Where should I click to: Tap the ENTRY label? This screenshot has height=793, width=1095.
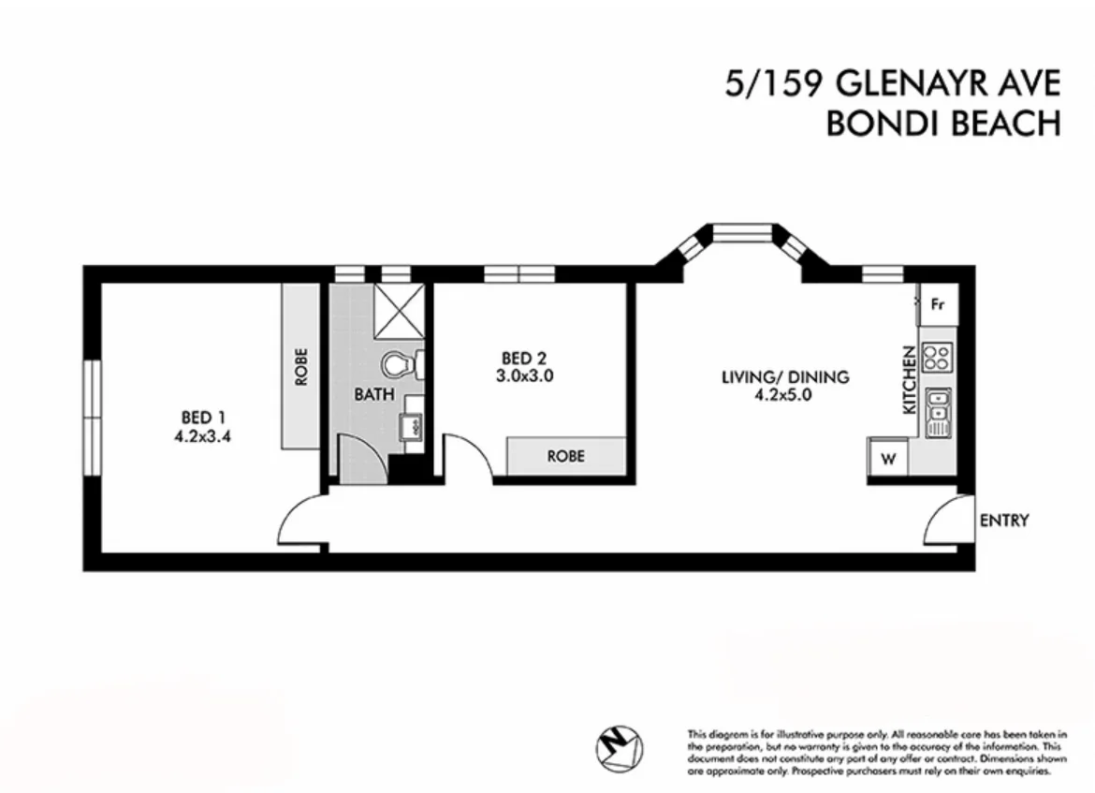[1004, 521]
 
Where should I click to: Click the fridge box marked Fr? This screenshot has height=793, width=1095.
[937, 304]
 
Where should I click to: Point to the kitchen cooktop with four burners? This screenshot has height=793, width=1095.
[937, 356]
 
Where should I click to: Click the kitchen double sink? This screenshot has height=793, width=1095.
[937, 412]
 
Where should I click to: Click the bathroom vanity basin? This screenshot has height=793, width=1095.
[411, 428]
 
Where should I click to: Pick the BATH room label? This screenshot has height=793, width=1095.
[367, 394]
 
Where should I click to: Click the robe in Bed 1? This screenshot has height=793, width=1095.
[300, 367]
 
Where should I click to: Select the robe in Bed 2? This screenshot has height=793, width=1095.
[565, 456]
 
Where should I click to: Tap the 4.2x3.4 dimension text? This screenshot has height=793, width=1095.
[202, 434]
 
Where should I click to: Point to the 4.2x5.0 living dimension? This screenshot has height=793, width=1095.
[784, 395]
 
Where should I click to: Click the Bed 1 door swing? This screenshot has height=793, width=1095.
[299, 520]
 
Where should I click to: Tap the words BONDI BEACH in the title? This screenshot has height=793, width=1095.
[942, 124]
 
